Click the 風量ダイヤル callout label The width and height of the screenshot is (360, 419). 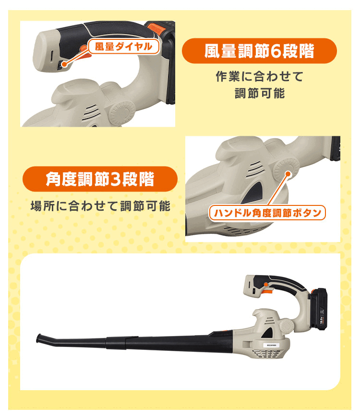(123, 47)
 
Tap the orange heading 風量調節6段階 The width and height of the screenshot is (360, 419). (259, 51)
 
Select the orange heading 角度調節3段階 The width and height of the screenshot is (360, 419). (100, 179)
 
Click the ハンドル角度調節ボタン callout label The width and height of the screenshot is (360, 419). (267, 212)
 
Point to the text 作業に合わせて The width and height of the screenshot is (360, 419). (259, 76)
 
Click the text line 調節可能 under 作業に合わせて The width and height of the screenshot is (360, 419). (259, 93)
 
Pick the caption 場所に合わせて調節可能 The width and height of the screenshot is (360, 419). (100, 207)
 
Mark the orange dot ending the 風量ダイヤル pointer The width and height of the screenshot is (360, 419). (64, 63)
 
